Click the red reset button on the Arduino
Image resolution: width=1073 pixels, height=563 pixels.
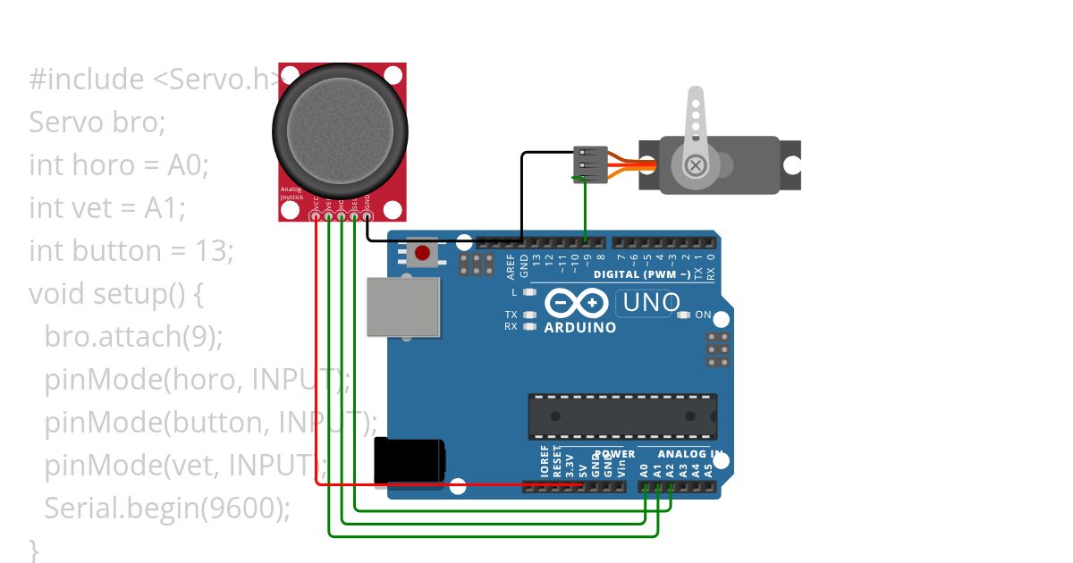(422, 255)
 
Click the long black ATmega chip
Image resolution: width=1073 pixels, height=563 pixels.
(621, 416)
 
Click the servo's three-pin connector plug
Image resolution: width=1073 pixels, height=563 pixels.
(589, 165)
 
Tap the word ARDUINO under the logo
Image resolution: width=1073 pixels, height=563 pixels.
(580, 328)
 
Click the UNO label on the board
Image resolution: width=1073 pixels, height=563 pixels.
(652, 304)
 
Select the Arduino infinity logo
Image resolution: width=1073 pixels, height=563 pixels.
(579, 304)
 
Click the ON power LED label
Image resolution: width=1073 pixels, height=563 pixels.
(703, 315)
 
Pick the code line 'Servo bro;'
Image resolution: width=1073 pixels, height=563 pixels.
(97, 122)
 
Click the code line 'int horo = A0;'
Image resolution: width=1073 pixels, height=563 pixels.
(118, 164)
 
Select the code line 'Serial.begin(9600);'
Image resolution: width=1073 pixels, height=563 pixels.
(167, 508)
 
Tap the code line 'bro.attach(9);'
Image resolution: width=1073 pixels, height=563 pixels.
(133, 336)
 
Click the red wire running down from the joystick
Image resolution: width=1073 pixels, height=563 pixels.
(317, 357)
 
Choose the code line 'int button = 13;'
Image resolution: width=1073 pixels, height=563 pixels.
(131, 250)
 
